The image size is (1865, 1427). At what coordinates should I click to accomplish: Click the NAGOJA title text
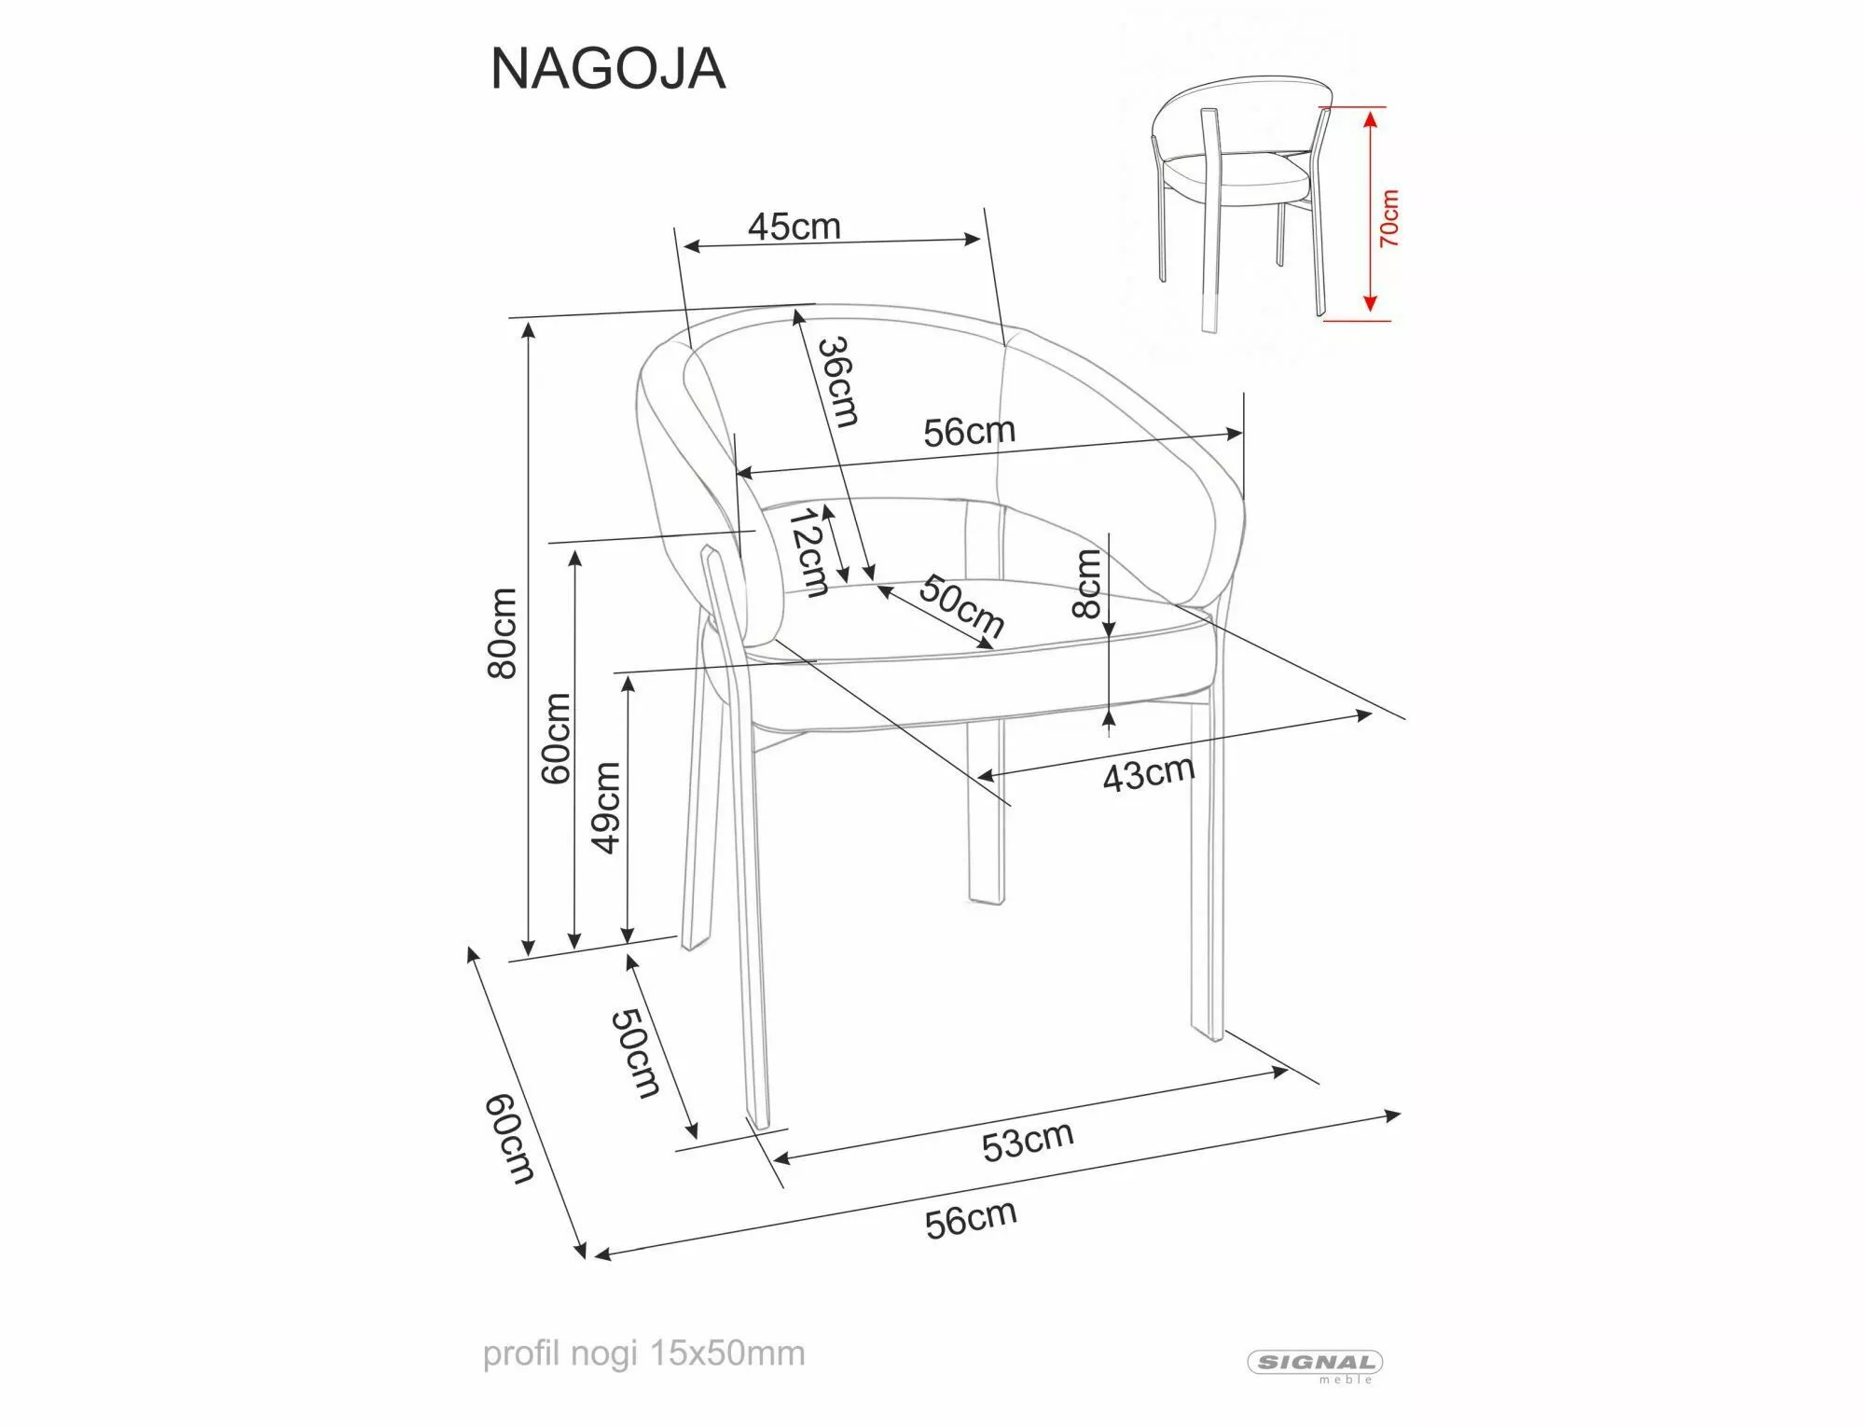point(607,69)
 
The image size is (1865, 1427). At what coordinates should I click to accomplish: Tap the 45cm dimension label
point(794,226)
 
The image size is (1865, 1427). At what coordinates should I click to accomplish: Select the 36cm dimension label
point(837,381)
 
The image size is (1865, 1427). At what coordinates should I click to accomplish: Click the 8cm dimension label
point(1087,584)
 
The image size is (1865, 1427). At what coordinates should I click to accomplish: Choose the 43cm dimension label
point(1148,773)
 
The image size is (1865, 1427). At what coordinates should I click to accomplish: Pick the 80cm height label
point(503,633)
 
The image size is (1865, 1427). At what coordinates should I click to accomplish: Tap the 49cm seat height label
point(607,807)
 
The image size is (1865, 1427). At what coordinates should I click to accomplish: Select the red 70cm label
point(1388,217)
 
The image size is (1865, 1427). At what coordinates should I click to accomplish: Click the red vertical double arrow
point(1369,211)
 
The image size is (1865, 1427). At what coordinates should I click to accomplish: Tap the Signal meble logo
point(1315,1365)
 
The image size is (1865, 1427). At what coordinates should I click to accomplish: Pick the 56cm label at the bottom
point(970,1219)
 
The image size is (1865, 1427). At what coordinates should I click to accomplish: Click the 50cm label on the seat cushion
point(961,606)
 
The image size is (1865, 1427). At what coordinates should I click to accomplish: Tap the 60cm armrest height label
point(557,737)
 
